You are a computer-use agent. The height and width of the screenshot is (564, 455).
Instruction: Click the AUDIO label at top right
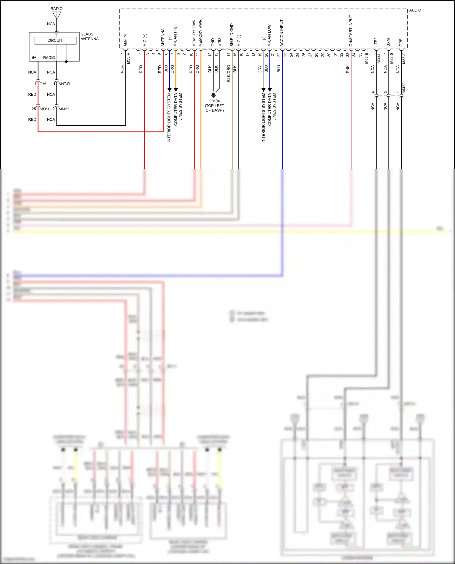click(x=415, y=10)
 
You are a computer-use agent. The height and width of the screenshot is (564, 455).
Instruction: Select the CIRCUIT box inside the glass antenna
click(x=55, y=40)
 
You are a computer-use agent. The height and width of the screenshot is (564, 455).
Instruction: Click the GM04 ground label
click(x=214, y=101)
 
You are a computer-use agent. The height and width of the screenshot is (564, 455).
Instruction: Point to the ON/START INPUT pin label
click(x=351, y=31)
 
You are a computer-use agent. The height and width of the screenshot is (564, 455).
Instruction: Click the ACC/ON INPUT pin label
click(x=281, y=33)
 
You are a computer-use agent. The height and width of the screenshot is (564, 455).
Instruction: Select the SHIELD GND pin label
click(x=232, y=35)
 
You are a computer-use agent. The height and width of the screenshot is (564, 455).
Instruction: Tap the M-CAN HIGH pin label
click(x=175, y=35)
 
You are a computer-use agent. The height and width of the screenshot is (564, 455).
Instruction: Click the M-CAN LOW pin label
click(x=269, y=35)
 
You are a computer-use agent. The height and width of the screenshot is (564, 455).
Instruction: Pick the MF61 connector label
click(x=44, y=109)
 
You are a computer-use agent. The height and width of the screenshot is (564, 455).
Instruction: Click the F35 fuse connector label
click(x=43, y=84)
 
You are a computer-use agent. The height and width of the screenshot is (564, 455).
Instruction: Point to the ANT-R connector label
click(x=64, y=84)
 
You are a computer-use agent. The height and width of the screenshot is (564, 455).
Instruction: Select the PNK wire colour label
click(x=348, y=69)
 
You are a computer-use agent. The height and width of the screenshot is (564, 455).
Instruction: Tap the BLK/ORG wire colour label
click(x=228, y=73)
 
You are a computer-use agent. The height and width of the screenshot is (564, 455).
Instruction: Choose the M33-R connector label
click(x=128, y=58)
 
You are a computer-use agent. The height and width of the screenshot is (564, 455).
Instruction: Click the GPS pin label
click(x=401, y=42)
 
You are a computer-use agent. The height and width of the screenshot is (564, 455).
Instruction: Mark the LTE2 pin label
click(x=376, y=42)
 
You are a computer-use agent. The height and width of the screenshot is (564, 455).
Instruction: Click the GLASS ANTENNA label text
click(x=89, y=36)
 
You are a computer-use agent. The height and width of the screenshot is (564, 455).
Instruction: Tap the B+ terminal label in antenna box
click(x=34, y=58)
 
